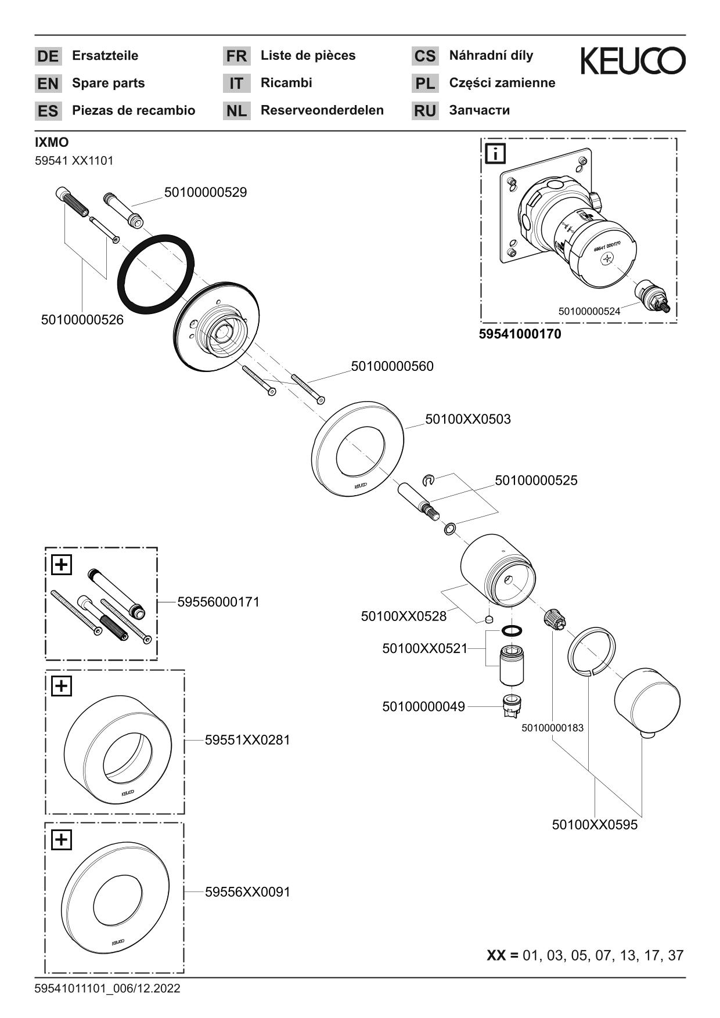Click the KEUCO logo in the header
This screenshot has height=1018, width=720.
coord(632,61)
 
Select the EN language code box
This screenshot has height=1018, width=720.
coord(48,84)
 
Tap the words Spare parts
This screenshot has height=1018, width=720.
coord(108,83)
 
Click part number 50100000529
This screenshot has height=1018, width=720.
coord(205,192)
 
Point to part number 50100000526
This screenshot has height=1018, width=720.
coord(82,320)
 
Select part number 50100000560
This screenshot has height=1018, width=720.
coord(392,366)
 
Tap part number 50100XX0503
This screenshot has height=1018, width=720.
coord(467,419)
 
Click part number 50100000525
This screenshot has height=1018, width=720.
coord(535,481)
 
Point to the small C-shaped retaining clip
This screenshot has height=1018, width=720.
coord(429,479)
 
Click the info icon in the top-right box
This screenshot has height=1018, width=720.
coord(496,154)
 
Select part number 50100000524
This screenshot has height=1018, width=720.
coord(589,311)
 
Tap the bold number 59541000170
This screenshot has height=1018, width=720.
coord(520,334)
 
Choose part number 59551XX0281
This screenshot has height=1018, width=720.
coord(247,740)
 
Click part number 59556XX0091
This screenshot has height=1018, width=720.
coord(247,892)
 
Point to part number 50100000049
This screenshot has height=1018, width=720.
coord(423,707)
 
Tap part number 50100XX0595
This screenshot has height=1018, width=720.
coord(594,825)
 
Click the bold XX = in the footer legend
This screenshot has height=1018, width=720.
coord(502,955)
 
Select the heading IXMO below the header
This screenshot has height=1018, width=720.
coord(52,142)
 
